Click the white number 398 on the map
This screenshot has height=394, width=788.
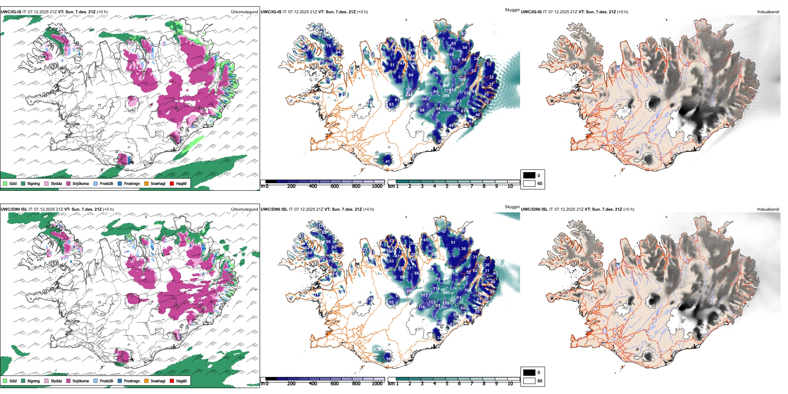pos(446,96)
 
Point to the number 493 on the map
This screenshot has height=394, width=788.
pos(446,293)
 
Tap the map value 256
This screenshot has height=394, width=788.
pos(450,109)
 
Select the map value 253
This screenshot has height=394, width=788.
pos(445,303)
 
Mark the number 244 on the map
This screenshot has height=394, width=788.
pos(409,95)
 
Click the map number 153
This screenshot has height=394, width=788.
pos(432,302)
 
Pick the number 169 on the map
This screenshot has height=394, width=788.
pos(462,80)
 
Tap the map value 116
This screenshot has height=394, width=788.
pos(422,307)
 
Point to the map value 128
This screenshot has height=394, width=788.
pos(467,93)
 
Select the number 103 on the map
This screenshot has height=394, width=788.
pos(424,295)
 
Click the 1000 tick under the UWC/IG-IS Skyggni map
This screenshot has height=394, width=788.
pos(377,186)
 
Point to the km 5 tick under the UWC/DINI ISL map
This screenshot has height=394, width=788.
pos(447,384)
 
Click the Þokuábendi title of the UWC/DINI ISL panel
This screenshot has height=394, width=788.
pos(768,209)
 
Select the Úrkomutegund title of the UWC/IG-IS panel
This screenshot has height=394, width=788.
pos(244,12)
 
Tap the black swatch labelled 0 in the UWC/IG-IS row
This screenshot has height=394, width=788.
pos(529,175)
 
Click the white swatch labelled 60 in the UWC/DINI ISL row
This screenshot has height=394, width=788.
pos(529,381)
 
